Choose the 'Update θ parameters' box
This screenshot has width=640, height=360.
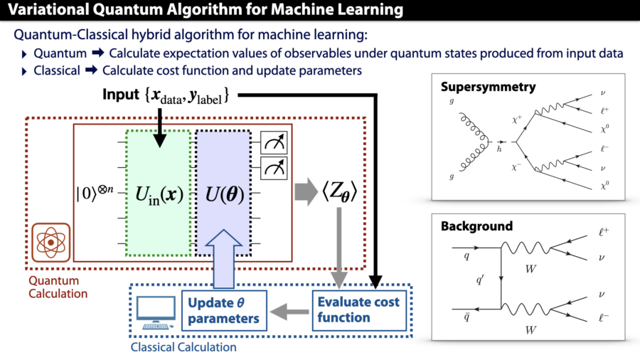[x=223, y=310]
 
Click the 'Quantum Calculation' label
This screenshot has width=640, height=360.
[x=58, y=287]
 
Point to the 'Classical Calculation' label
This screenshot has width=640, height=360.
[x=183, y=347]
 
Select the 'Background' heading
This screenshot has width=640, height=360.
[x=476, y=226]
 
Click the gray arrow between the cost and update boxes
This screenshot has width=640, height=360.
[x=290, y=310]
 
